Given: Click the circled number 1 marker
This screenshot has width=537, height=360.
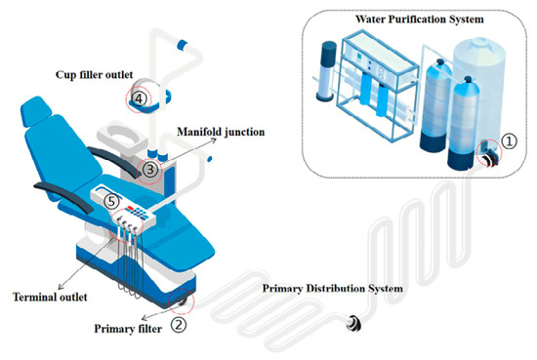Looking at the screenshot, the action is point(510,140).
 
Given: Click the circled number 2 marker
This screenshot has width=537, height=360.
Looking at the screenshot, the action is point(179,324).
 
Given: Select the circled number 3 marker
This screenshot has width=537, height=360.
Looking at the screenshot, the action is point(150,169).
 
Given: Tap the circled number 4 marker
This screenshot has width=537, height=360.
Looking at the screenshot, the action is point(139,99).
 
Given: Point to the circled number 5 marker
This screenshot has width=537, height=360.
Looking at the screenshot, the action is point(111,201).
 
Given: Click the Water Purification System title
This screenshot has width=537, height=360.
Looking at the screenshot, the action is point(420,20).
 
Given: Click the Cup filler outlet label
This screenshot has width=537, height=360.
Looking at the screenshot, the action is point(94,74).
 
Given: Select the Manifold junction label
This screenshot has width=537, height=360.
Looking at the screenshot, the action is point(221,132).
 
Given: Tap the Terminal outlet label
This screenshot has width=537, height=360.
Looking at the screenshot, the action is point(50,297).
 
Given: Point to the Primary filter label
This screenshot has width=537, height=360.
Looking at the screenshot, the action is point(128,329).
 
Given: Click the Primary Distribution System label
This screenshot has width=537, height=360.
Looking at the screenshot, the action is point(333,289).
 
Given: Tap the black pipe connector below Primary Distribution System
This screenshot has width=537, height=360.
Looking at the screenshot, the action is point(353,323).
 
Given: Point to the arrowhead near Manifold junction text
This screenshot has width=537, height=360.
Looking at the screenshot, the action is point(214,140).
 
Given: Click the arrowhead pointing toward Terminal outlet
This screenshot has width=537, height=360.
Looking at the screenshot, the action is point(61,288).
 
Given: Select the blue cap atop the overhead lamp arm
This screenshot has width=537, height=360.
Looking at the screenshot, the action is point(182,45).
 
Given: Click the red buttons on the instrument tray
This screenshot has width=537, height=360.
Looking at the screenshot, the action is point(130,208).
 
